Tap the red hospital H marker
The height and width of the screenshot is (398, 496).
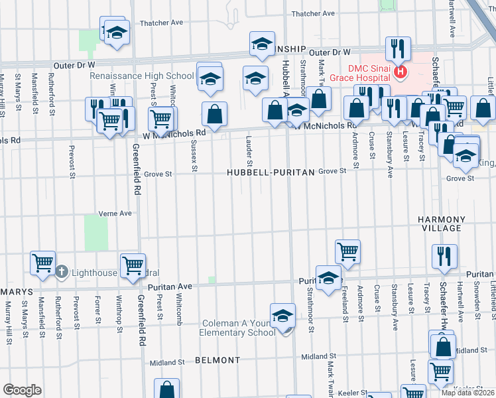pyautogui.click(x=400, y=71)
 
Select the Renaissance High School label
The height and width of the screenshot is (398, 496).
pyautogui.click(x=142, y=75)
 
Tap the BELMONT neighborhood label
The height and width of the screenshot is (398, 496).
pyautogui.click(x=217, y=360)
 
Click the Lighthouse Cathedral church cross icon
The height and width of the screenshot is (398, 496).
pyautogui.click(x=61, y=271)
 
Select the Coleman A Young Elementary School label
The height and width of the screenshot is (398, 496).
pyautogui.click(x=239, y=328)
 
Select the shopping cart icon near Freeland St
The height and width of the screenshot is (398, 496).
pyautogui.click(x=347, y=250)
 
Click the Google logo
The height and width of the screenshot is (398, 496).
pyautogui.click(x=22, y=390)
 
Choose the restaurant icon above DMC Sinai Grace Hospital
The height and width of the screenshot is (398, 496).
pyautogui.click(x=398, y=48)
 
